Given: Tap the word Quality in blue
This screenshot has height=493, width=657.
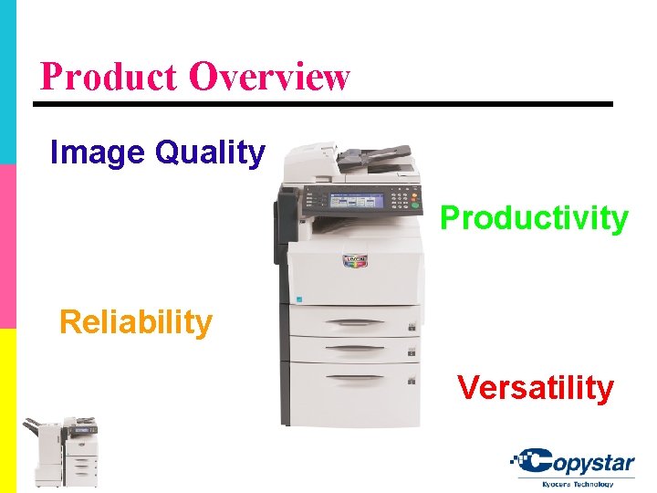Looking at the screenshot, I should click(x=210, y=152).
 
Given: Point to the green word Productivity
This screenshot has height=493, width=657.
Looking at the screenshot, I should click(x=534, y=218).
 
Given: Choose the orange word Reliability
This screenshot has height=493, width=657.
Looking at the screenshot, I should click(x=135, y=321).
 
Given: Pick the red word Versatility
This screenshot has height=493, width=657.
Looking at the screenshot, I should click(x=536, y=387).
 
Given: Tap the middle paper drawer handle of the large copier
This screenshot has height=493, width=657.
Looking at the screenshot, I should click(x=353, y=348).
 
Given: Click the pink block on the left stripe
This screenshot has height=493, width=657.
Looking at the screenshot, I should click(x=7, y=246).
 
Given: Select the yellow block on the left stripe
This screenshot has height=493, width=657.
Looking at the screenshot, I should click(x=7, y=411).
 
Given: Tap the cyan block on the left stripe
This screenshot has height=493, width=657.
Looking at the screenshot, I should click(x=7, y=82).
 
